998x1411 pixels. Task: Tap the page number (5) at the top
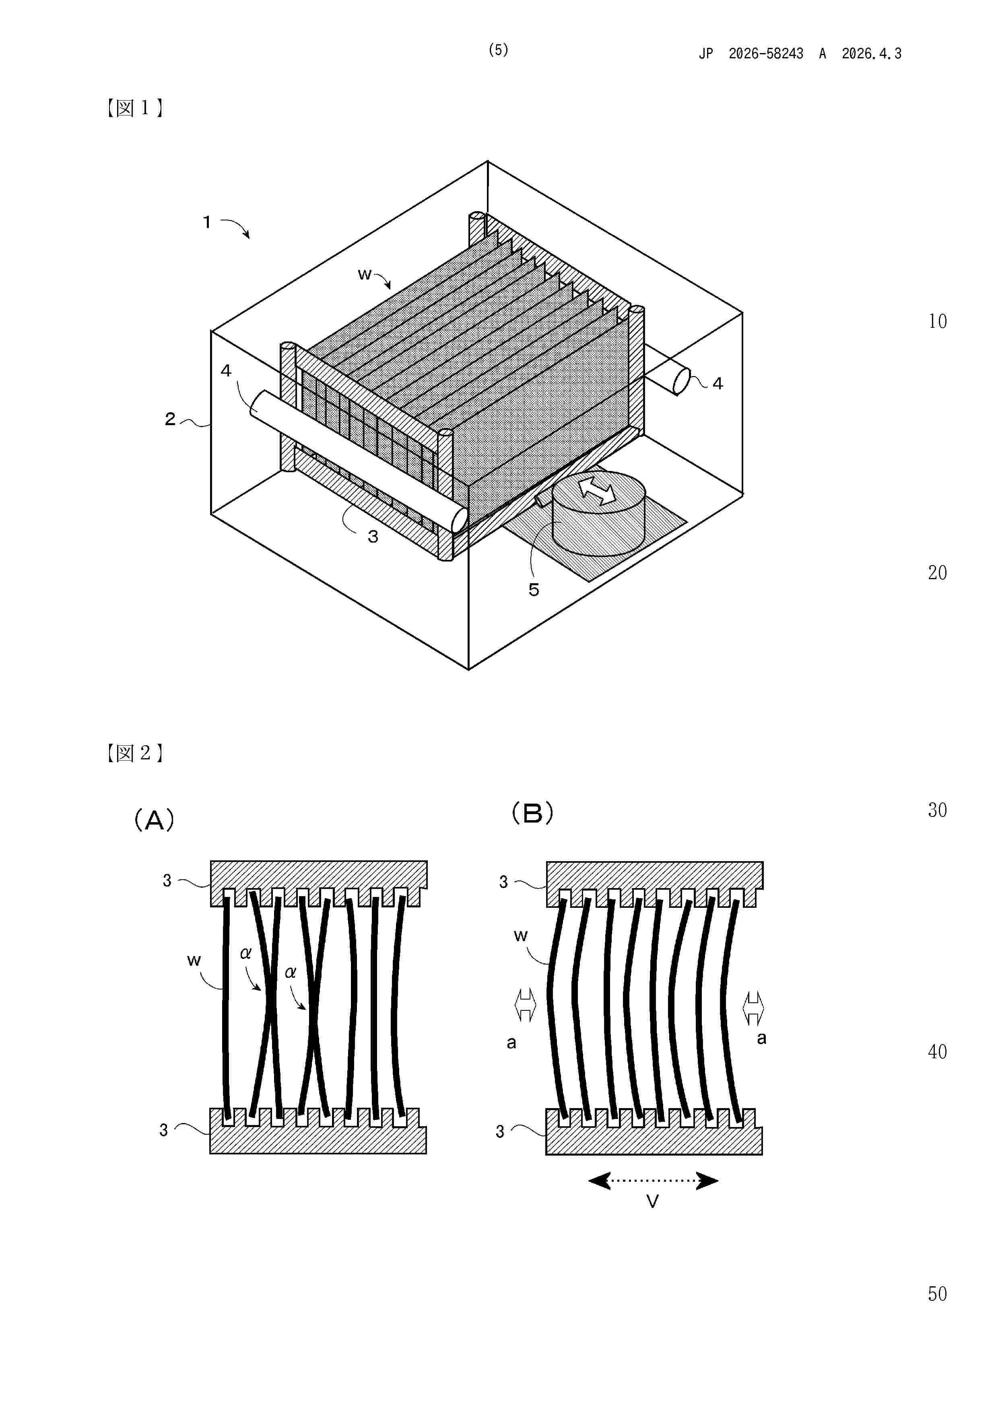tap(498, 50)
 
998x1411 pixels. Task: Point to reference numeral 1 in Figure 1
tap(207, 222)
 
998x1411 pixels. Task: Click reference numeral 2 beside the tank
tap(170, 419)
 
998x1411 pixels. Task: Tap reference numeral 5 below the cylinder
tap(534, 590)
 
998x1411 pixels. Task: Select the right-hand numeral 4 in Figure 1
tap(718, 384)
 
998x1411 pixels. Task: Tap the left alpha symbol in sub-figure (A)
tap(245, 954)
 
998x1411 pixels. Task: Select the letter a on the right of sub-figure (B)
tap(761, 1039)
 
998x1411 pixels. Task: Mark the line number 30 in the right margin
tap(937, 810)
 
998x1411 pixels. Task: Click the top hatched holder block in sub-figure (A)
tap(319, 875)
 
